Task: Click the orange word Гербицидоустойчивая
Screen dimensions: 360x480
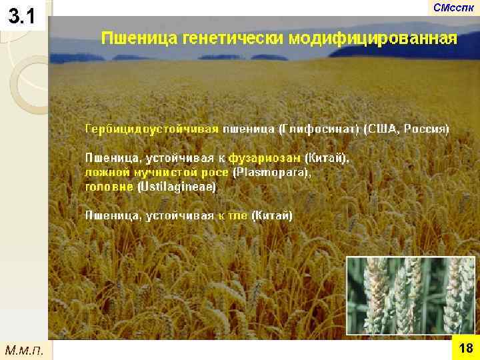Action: [x=152, y=128]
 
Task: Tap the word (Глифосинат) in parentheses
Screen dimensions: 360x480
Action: [x=319, y=128]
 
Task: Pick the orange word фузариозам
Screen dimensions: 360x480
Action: [x=265, y=158]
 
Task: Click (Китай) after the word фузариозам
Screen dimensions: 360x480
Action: [x=326, y=158]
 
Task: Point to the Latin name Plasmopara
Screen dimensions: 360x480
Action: [x=271, y=173]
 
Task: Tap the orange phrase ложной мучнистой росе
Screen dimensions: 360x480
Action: [x=157, y=173]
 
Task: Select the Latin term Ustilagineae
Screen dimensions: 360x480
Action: [x=176, y=187]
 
